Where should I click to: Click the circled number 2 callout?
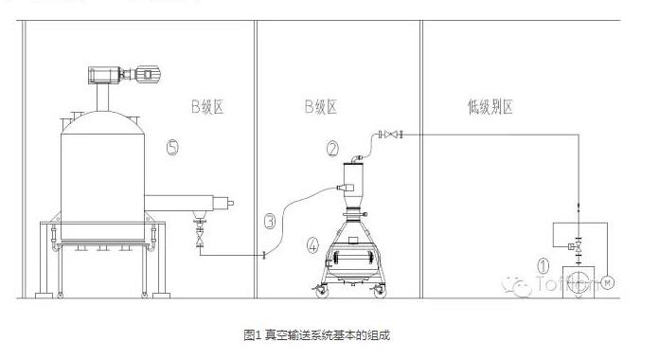pyautogui.click(x=332, y=148)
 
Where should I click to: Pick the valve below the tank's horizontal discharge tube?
pyautogui.click(x=199, y=237)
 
